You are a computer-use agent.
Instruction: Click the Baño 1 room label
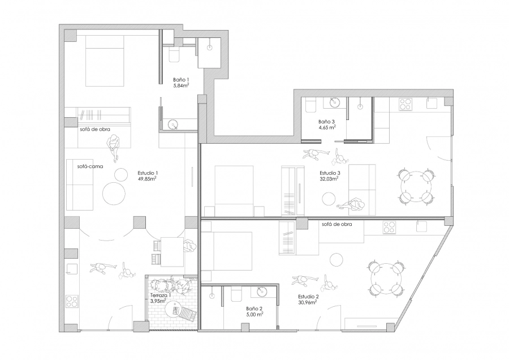tap(181, 80)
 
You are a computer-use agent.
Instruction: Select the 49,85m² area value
tap(148, 178)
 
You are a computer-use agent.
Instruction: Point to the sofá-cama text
tap(90, 166)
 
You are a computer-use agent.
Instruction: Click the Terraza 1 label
tap(161, 295)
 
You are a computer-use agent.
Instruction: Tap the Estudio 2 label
tap(308, 297)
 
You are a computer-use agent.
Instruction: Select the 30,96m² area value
tap(308, 302)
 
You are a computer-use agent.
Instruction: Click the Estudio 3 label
tap(330, 173)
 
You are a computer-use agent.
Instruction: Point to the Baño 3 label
tap(326, 122)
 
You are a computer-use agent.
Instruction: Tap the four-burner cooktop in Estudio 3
tap(405, 104)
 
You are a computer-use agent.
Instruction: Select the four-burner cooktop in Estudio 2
tap(389, 227)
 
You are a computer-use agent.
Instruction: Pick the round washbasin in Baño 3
tap(334, 103)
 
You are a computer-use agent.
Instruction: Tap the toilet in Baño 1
tap(174, 55)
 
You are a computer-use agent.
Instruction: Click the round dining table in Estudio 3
tap(416, 187)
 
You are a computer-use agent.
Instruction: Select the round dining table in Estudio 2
tap(386, 278)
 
